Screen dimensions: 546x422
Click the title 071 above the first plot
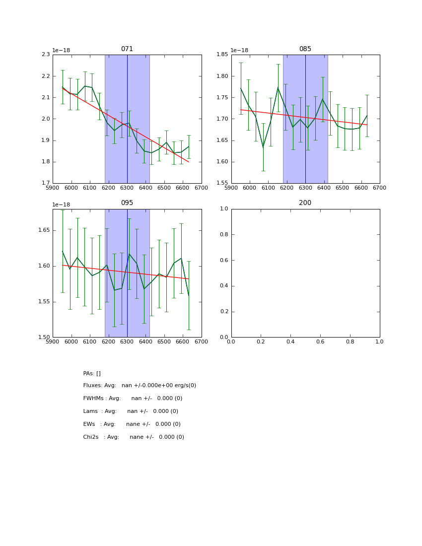tap(127, 49)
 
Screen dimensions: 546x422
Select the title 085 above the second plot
tap(305, 49)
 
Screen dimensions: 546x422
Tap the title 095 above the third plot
tap(127, 203)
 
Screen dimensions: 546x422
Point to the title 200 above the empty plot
tap(305, 203)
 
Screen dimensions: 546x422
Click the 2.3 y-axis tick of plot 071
tap(45, 55)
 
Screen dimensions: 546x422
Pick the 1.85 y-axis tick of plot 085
tap(222, 55)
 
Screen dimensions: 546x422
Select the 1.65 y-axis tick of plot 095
tap(44, 230)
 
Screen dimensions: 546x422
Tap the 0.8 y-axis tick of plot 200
tap(224, 234)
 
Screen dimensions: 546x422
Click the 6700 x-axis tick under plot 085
tap(380, 188)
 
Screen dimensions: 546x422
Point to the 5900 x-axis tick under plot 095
tap(53, 342)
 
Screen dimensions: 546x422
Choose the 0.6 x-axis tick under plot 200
tap(320, 342)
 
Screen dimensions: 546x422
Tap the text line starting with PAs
tap(92, 373)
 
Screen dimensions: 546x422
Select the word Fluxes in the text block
tap(92, 386)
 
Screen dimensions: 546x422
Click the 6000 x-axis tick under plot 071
tap(71, 188)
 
